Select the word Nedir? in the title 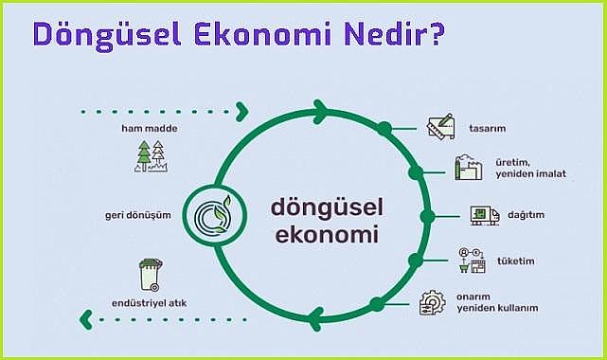coord(388,34)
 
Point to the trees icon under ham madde coord(150,156)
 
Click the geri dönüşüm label coord(137,215)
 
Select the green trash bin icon coord(150,275)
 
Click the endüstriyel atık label coord(149,304)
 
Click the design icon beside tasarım coord(440,127)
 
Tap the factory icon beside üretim coord(468,170)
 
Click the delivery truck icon coord(484,216)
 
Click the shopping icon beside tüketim coord(471,260)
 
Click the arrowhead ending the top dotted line coord(242,112)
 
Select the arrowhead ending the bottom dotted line coord(85,318)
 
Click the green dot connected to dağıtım coord(426,216)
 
